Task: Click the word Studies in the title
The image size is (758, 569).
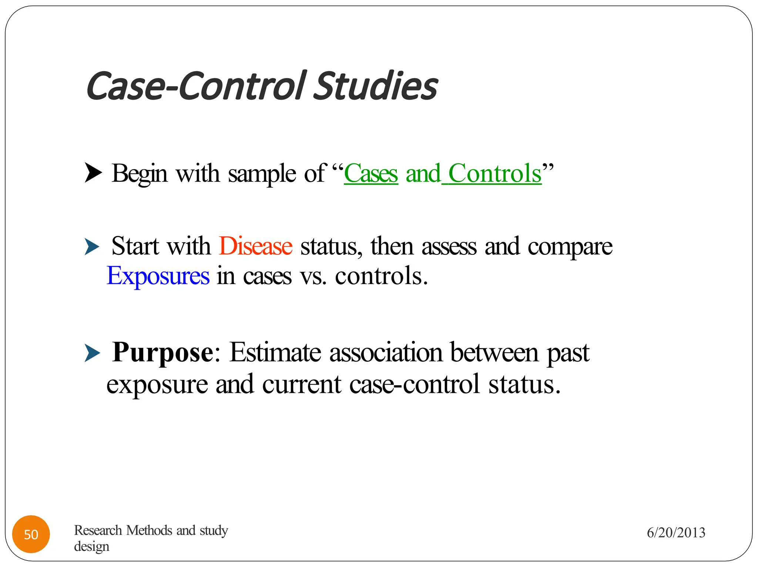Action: pos(376,87)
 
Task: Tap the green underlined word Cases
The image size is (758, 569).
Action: pos(371,173)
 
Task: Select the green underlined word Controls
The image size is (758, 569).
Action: pos(495,173)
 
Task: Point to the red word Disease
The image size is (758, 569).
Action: pos(255,246)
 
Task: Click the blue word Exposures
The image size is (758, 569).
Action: pos(158,276)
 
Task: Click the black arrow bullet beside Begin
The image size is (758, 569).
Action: pos(93,173)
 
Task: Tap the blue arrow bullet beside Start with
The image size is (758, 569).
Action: pos(92,247)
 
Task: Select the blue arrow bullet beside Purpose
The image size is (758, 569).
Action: pos(92,353)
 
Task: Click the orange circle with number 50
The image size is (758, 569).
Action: pos(31,534)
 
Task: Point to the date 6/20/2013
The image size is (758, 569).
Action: pos(676,533)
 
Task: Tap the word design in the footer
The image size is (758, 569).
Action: pos(91,546)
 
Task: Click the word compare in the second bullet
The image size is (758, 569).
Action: pos(570,247)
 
